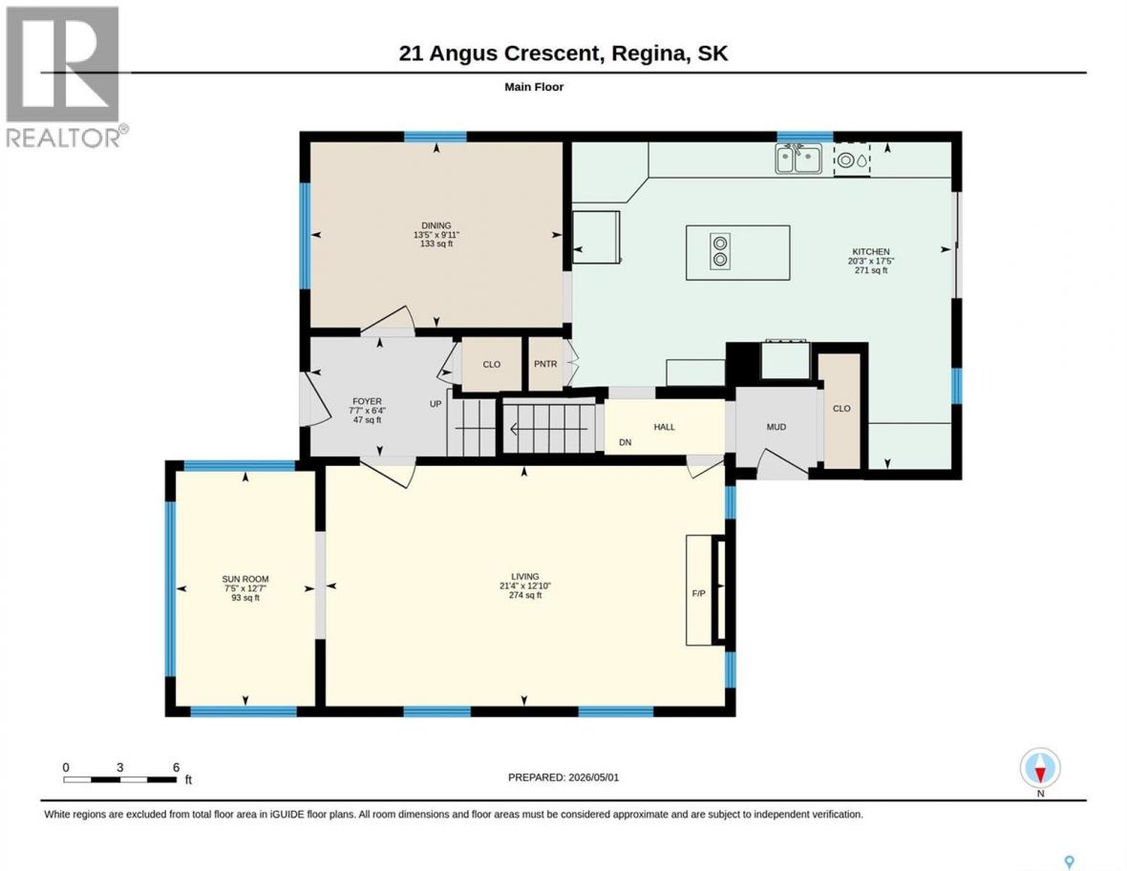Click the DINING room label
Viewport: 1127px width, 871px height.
[x=436, y=225]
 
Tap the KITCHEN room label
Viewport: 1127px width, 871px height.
[x=871, y=252]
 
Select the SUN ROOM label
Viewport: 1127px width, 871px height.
[x=245, y=579]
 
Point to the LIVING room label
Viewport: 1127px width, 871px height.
[x=524, y=576]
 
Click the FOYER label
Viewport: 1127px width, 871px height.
[x=368, y=402]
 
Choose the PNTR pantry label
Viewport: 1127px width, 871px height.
[x=545, y=365]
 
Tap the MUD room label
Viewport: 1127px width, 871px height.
[x=776, y=427]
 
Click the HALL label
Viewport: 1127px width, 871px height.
[x=664, y=427]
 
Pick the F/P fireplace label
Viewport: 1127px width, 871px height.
[x=698, y=594]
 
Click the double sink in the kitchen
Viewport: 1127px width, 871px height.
[x=798, y=159]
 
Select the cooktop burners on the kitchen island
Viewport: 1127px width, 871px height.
[x=719, y=251]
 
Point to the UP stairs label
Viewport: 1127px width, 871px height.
[x=436, y=404]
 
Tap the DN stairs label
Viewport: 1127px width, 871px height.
[x=626, y=443]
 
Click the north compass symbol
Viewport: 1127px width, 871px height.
[x=1040, y=769]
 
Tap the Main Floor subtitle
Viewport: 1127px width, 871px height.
[x=534, y=87]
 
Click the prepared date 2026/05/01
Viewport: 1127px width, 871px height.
[x=594, y=777]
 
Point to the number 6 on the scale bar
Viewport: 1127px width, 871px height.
[x=176, y=768]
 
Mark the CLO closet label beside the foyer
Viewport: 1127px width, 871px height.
[x=492, y=365]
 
